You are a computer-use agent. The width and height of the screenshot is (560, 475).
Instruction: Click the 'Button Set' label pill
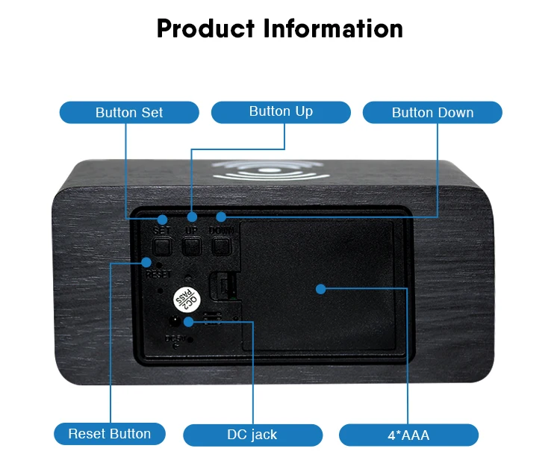[x=129, y=113]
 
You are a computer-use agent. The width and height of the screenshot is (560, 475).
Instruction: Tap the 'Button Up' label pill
[x=281, y=112]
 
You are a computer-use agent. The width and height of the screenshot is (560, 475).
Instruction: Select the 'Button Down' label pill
[x=432, y=113]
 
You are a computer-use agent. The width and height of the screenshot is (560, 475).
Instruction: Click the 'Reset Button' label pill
[x=109, y=434]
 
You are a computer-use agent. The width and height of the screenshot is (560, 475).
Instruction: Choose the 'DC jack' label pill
[x=252, y=435]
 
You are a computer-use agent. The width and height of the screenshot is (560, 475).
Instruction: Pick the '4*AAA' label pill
[x=408, y=435]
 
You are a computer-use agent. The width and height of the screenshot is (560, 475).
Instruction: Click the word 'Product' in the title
[x=205, y=28]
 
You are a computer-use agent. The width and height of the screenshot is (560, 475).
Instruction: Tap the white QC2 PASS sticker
[x=186, y=298]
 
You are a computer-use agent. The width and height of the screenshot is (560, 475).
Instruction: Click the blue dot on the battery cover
[x=320, y=289]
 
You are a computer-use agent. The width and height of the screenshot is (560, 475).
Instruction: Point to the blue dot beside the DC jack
[x=189, y=321]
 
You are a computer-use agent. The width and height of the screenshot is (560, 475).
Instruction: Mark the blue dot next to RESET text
[x=147, y=262]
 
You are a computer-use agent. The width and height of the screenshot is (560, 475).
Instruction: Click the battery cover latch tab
[x=221, y=288]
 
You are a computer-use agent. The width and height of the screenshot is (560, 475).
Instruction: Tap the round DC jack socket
[x=175, y=321]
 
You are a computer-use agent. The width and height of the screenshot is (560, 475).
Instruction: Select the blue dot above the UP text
[x=191, y=217]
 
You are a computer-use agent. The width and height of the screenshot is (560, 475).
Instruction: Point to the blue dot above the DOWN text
[x=221, y=217]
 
